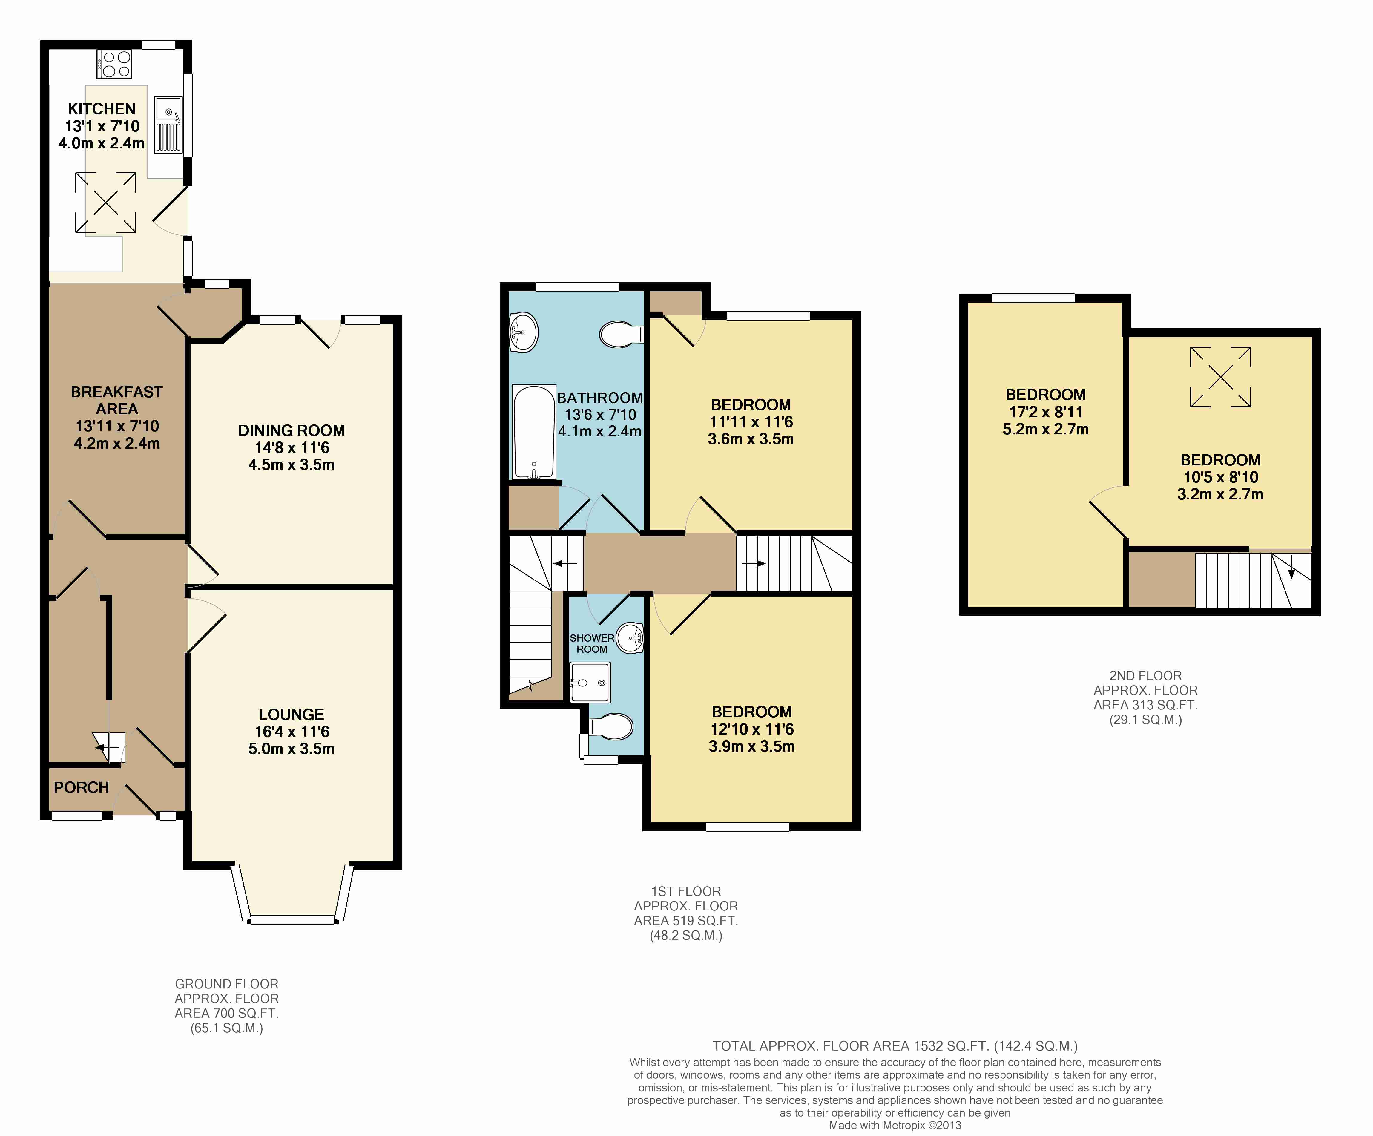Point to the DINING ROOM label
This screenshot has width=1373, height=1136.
coord(292,430)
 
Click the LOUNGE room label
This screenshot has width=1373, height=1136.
coord(292,714)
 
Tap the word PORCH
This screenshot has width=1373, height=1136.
coord(81,787)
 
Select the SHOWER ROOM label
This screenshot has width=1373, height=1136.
coord(592,643)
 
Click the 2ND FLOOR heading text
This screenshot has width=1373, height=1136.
coord(1145,676)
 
